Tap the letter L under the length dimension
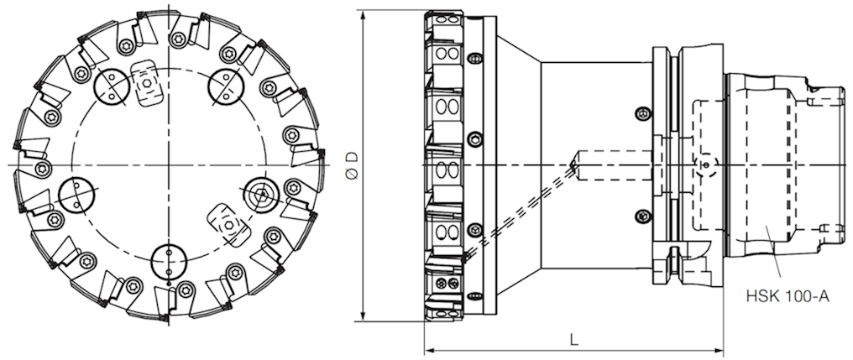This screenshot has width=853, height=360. pyautogui.click(x=574, y=340)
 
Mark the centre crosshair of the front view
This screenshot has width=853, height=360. pyautogui.click(x=168, y=164)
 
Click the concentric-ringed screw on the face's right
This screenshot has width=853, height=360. pyautogui.click(x=259, y=196)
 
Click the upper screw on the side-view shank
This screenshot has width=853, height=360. pyautogui.click(x=643, y=112)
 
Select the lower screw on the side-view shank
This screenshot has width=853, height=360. pyautogui.click(x=643, y=215)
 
